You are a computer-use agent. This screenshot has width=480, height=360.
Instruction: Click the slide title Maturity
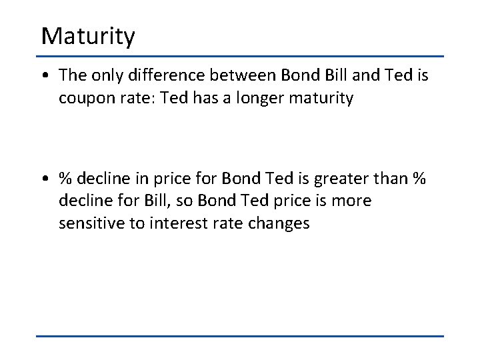88,36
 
